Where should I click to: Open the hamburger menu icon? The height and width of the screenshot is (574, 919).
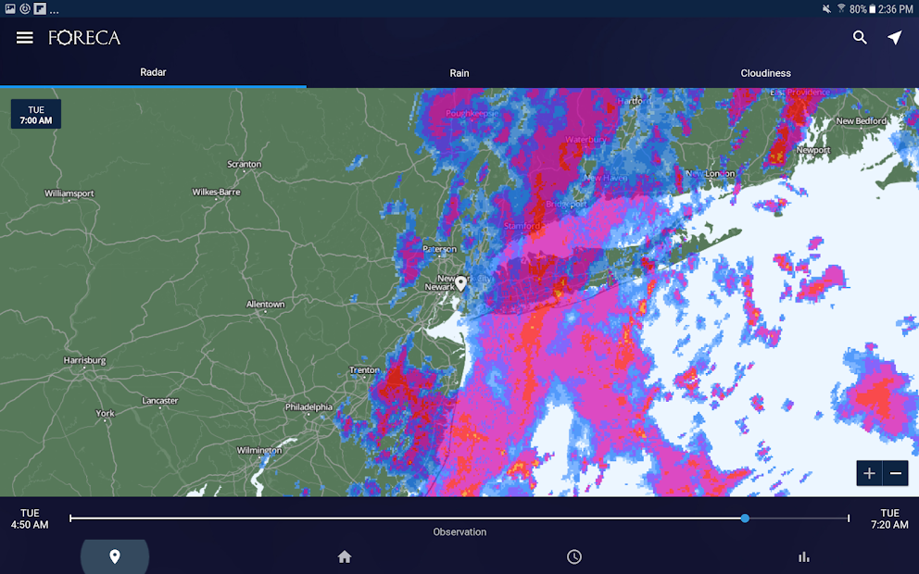(x=25, y=38)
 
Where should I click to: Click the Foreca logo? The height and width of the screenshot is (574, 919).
(x=84, y=38)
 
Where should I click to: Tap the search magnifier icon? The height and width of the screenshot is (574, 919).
(x=860, y=38)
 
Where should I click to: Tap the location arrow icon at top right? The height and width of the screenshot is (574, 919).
(x=894, y=38)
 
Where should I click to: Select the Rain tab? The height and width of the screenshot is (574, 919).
(x=459, y=73)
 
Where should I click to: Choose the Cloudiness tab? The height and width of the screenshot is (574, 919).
(x=765, y=73)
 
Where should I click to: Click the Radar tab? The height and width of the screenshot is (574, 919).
(x=153, y=72)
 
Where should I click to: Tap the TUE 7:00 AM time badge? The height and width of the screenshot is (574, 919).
(x=36, y=115)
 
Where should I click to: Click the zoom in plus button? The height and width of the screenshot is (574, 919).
(x=869, y=473)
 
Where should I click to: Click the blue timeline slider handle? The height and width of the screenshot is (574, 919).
(x=745, y=518)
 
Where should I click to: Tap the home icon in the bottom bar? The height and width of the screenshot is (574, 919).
(x=345, y=556)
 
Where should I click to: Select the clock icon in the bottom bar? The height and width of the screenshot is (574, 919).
(x=574, y=556)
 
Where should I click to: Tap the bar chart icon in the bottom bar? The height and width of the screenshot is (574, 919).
(x=804, y=556)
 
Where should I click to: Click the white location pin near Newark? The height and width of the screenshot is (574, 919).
(x=460, y=282)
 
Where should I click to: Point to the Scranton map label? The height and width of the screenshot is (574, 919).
(x=245, y=165)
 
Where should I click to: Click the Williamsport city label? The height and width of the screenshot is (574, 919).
(x=69, y=193)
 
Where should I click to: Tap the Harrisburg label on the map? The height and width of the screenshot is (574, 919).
(x=84, y=360)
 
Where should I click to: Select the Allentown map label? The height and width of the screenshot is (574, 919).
(x=265, y=305)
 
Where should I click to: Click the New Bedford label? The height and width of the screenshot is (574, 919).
(x=861, y=121)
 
